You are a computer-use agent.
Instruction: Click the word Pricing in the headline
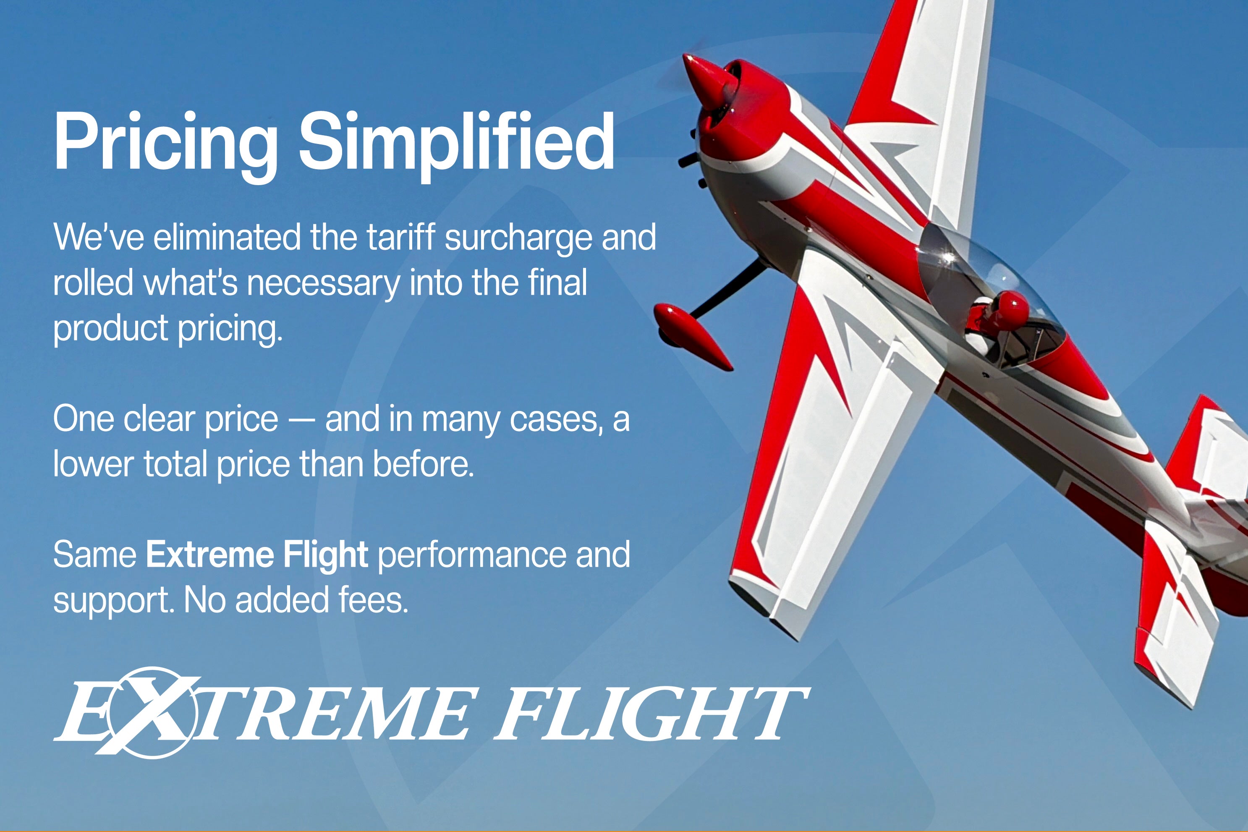click(166, 147)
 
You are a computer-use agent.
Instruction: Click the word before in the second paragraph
click(423, 464)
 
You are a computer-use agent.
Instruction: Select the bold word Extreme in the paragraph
click(210, 555)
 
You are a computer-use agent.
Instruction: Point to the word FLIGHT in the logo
click(651, 714)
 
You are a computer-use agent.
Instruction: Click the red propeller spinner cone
click(707, 81)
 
